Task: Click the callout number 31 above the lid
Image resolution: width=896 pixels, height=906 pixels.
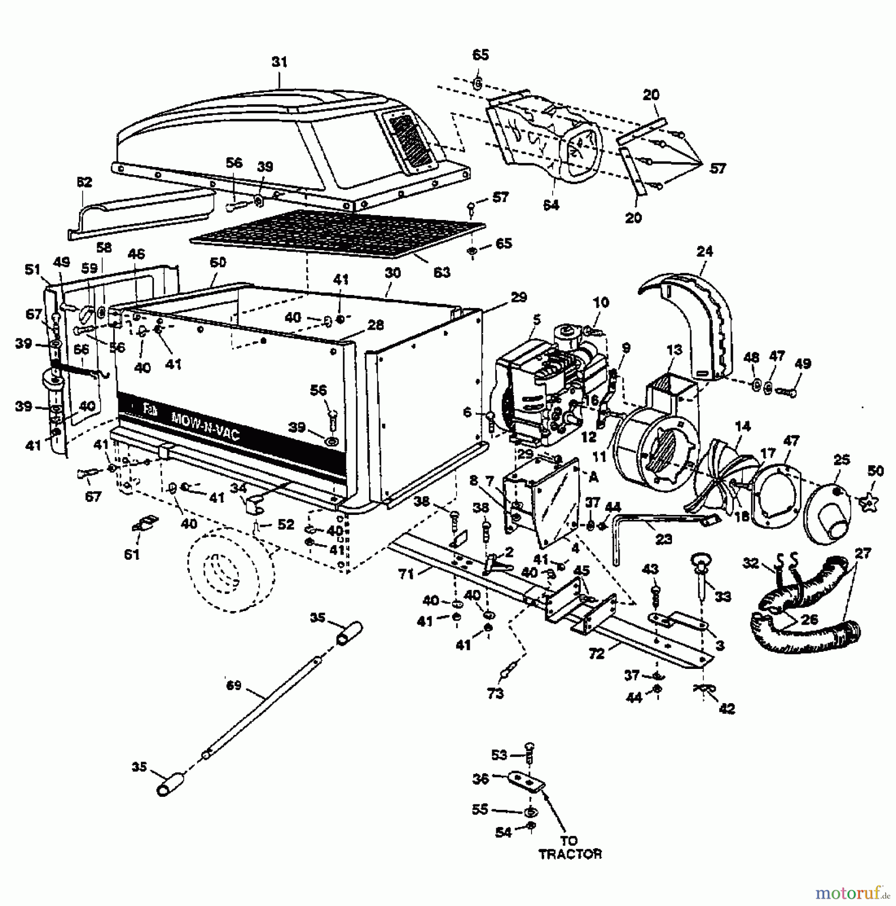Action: [x=279, y=62]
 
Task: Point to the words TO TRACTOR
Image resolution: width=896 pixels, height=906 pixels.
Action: [x=570, y=848]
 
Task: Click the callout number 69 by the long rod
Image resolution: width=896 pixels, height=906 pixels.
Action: [x=234, y=686]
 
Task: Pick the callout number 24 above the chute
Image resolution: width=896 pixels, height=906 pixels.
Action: [x=705, y=251]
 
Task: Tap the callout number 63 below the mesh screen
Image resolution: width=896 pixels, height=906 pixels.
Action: [x=441, y=272]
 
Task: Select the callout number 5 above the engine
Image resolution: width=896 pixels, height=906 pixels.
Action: [x=537, y=319]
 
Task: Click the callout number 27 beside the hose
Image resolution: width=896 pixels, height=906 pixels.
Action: [x=863, y=554]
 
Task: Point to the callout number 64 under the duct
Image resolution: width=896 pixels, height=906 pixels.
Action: [x=551, y=205]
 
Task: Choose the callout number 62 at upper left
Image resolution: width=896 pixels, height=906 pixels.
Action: [x=85, y=182]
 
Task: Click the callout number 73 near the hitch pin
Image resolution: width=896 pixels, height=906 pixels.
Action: [x=496, y=693]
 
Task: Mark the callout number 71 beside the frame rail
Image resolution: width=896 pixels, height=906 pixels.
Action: [x=406, y=574]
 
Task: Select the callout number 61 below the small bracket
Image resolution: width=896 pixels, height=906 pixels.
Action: [x=132, y=554]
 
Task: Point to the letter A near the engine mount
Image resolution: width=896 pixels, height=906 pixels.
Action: [x=594, y=478]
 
